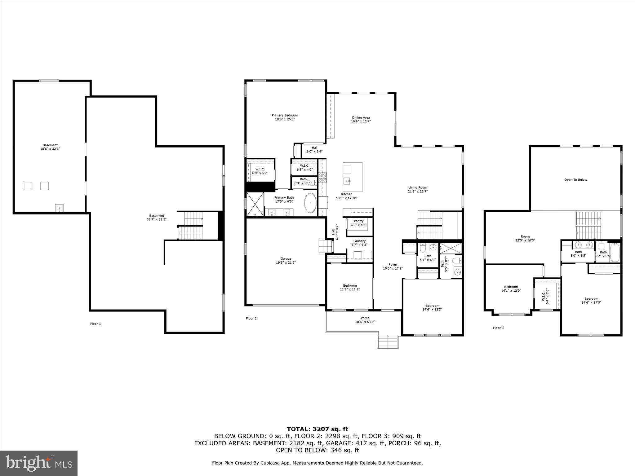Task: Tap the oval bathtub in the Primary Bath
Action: pyautogui.click(x=310, y=203)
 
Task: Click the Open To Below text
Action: pyautogui.click(x=575, y=180)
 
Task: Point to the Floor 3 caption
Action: pyautogui.click(x=498, y=328)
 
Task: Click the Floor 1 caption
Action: pyautogui.click(x=95, y=324)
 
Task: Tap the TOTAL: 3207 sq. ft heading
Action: pyautogui.click(x=317, y=429)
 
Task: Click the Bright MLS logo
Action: pyautogui.click(x=39, y=463)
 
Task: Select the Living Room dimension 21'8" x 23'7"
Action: pyautogui.click(x=418, y=192)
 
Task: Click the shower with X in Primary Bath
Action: pyautogui.click(x=255, y=204)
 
